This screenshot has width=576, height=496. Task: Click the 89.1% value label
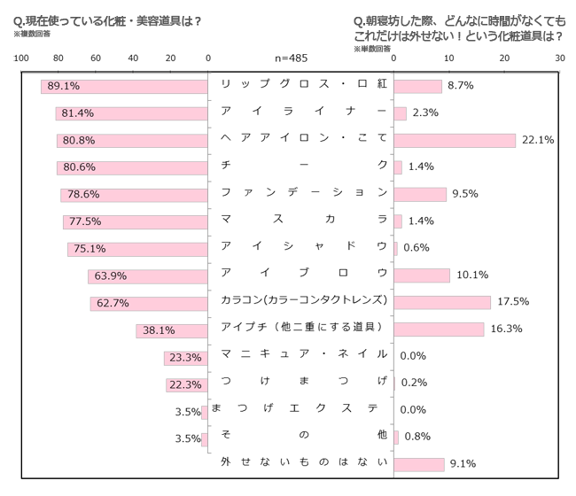[64, 86]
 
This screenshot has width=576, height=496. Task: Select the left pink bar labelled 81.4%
[132, 113]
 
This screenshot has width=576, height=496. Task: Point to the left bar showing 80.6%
[132, 167]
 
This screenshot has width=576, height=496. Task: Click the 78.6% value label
[82, 195]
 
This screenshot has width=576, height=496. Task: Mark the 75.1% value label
[90, 249]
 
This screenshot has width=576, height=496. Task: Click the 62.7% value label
[113, 303]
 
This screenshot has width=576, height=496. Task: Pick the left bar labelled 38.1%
[173, 330]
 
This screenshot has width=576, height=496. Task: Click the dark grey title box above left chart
[107, 27]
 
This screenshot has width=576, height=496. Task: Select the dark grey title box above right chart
[459, 33]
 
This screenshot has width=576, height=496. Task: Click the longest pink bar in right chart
[455, 141]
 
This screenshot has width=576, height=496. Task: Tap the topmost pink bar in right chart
[417, 86]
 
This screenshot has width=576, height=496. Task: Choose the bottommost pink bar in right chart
[419, 465]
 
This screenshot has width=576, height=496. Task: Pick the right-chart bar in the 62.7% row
[442, 303]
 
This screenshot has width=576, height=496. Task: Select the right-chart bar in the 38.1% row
[440, 330]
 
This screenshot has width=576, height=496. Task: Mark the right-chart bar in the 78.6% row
[420, 195]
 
